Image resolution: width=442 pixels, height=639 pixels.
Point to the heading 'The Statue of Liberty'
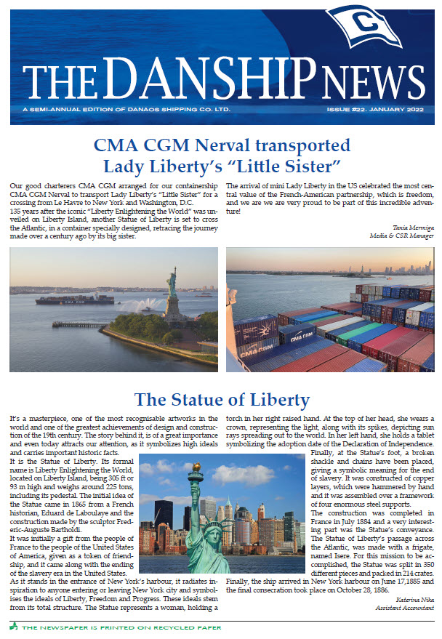click(x=222, y=399)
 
